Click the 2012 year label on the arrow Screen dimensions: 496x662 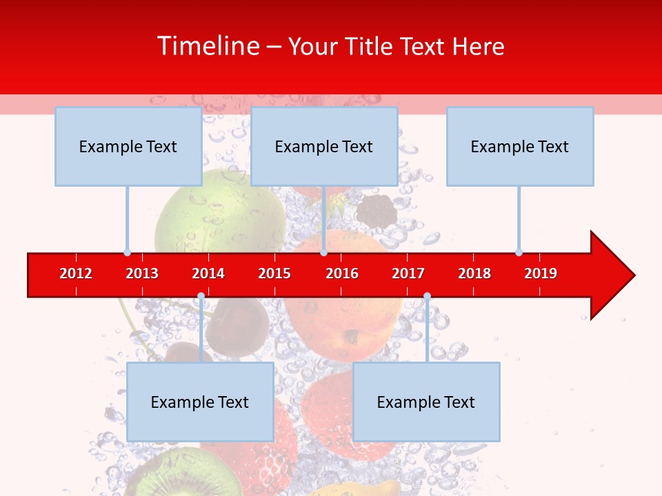tap(76, 273)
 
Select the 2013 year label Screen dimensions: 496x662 tap(142, 273)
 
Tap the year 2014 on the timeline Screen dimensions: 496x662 tap(208, 273)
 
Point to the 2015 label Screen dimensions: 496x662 tap(274, 273)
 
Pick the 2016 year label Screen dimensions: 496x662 tap(342, 273)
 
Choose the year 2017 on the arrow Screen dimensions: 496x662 tap(408, 273)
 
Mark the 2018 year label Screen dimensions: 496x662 tap(474, 273)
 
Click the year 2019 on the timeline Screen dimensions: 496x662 tap(541, 273)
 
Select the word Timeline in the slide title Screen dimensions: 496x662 tap(209, 46)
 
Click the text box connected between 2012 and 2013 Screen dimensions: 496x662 tap(128, 146)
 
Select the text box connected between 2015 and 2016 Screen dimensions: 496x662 tap(324, 146)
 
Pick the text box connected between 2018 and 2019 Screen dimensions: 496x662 tap(520, 146)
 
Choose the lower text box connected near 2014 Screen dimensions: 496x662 tap(200, 402)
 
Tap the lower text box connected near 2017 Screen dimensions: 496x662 tap(426, 402)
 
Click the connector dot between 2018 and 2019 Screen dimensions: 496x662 tap(519, 252)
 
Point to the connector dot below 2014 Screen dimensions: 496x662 tap(201, 296)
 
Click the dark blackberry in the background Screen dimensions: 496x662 tap(377, 211)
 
